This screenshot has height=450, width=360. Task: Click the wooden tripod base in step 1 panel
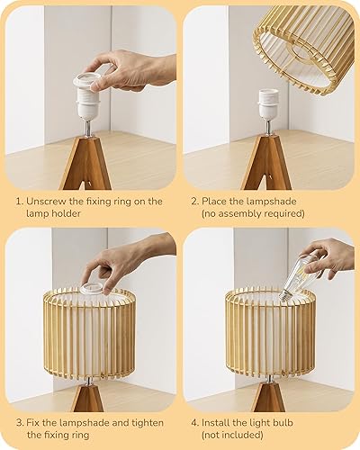pyautogui.click(x=86, y=162)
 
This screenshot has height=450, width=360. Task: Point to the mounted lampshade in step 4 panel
pyautogui.click(x=270, y=333)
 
